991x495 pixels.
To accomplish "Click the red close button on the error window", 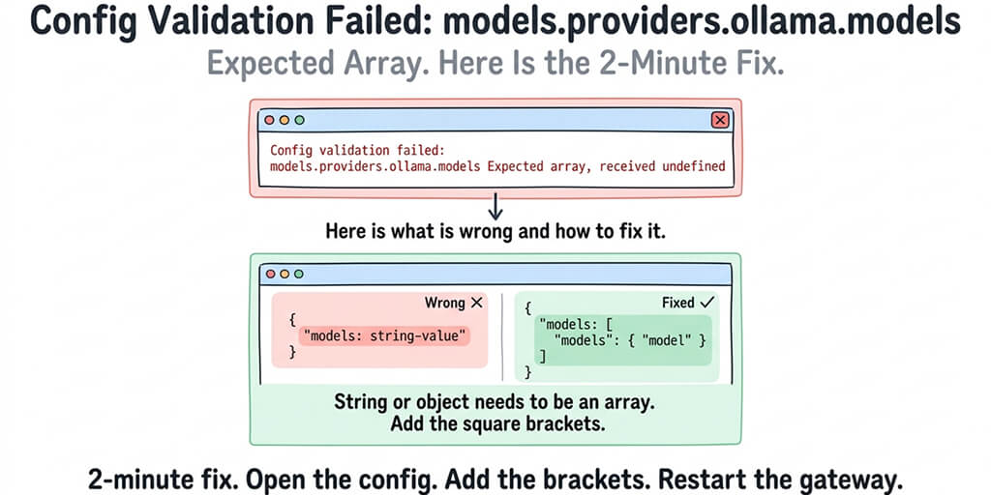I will point(719,120).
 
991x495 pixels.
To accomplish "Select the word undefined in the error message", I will point(689,166).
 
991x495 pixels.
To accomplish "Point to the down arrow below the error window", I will point(495,206).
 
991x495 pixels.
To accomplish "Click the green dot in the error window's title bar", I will point(299,120).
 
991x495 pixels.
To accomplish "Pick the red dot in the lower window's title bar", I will point(270,275).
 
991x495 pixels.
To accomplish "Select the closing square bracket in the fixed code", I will point(542,357).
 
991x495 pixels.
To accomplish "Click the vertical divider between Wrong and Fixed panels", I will point(503,338).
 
